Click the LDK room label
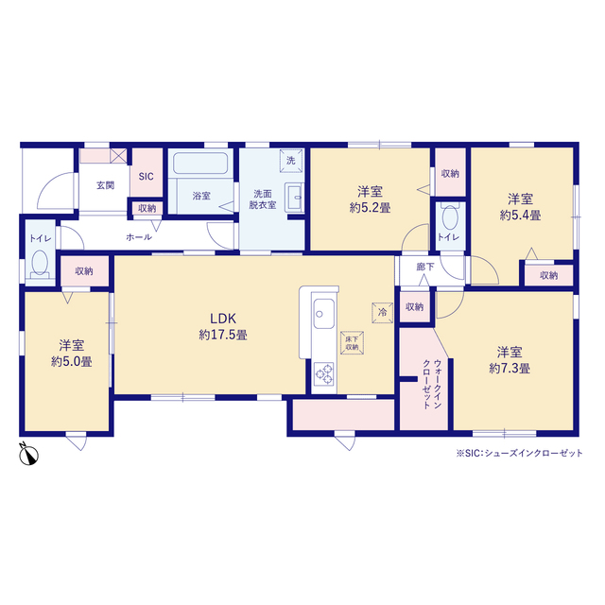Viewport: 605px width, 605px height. pyautogui.click(x=223, y=319)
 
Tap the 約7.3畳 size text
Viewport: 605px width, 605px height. pyautogui.click(x=510, y=369)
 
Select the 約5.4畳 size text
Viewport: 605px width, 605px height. pyautogui.click(x=520, y=216)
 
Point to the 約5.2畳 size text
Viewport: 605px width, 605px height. pyautogui.click(x=370, y=208)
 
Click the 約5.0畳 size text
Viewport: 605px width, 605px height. pyautogui.click(x=72, y=361)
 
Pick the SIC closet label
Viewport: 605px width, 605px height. pyautogui.click(x=146, y=177)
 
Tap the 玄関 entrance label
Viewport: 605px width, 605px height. pyautogui.click(x=105, y=185)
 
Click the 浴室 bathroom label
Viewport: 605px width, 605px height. pyautogui.click(x=201, y=196)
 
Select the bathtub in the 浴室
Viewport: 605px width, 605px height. pyautogui.click(x=200, y=164)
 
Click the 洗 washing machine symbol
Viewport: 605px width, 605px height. pyautogui.click(x=290, y=160)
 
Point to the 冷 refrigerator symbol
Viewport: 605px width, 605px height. pyautogui.click(x=382, y=312)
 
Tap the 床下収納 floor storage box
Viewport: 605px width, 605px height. pyautogui.click(x=352, y=342)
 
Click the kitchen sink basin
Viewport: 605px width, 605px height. pyautogui.click(x=323, y=313)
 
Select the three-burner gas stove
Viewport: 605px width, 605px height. pyautogui.click(x=323, y=373)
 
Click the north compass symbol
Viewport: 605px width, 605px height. pyautogui.click(x=28, y=454)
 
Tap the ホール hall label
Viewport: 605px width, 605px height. pyautogui.click(x=139, y=237)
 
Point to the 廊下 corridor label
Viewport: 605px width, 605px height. pyautogui.click(x=425, y=267)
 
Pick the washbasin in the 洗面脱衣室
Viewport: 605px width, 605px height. pyautogui.click(x=294, y=198)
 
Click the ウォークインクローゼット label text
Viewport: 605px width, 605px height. pyautogui.click(x=432, y=384)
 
